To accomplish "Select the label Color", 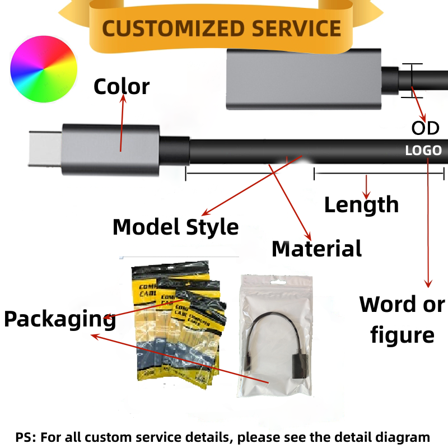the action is [121, 87].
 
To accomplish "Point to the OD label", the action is [425, 128].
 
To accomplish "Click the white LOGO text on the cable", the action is [423, 150].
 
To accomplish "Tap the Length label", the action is [361, 205].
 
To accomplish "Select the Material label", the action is [316, 249].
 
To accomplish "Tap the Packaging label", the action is [59, 319].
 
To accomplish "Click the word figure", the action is [402, 335].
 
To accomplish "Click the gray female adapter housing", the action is [303, 78].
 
